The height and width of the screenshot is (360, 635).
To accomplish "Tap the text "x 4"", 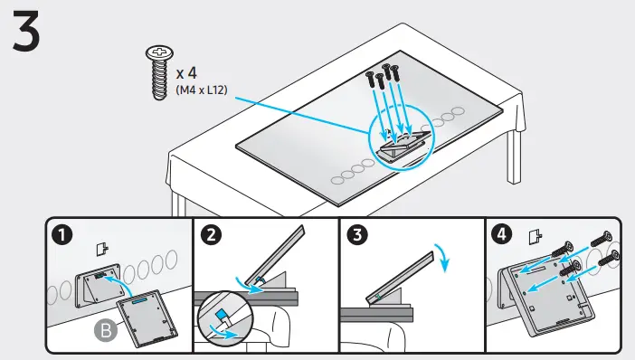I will point(187,71).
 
